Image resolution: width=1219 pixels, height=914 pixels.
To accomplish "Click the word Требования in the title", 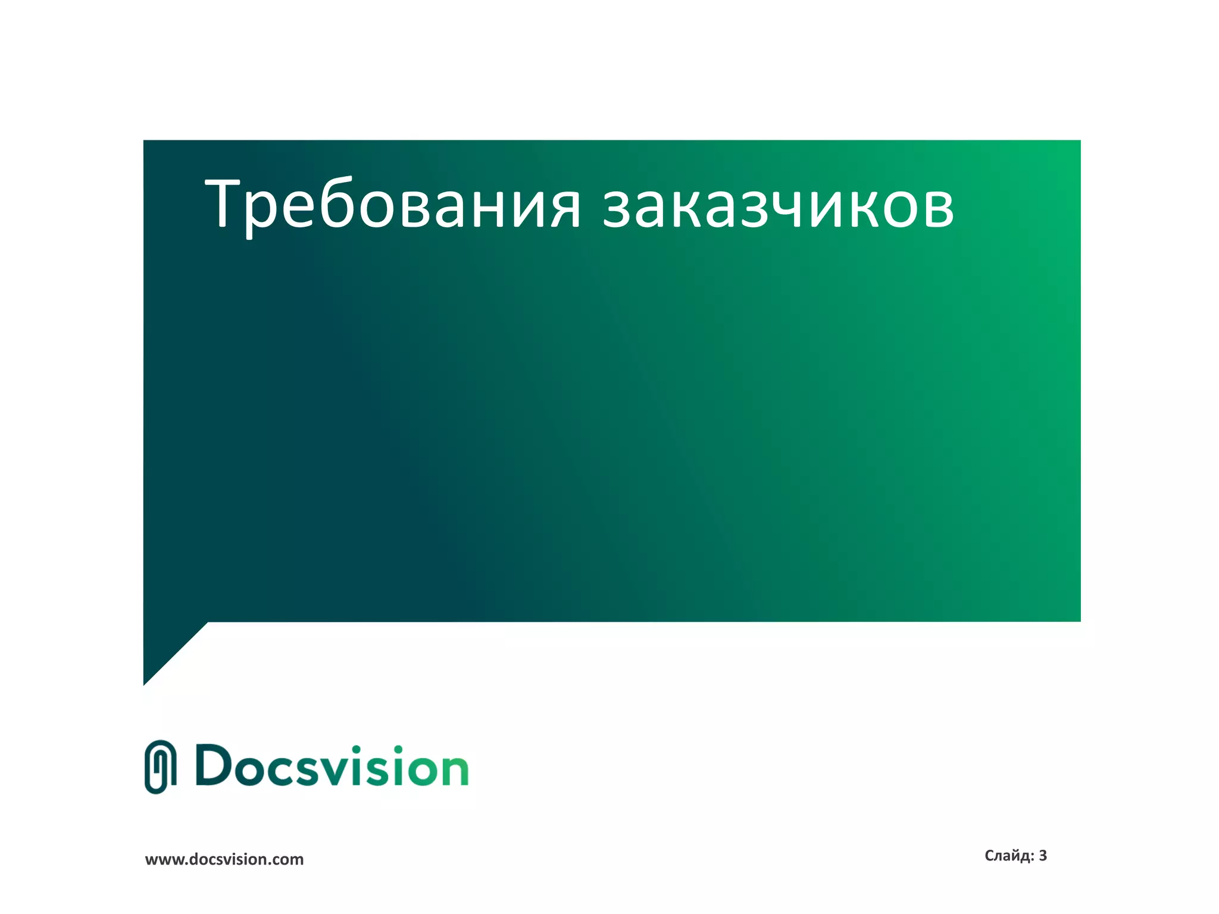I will click(x=393, y=205).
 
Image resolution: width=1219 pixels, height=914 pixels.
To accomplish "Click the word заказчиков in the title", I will click(x=778, y=205).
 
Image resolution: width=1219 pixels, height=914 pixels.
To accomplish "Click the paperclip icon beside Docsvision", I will click(x=161, y=766).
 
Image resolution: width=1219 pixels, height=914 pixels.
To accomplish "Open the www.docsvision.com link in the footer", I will click(x=224, y=859).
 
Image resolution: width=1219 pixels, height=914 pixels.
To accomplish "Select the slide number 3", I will click(x=1043, y=856).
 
